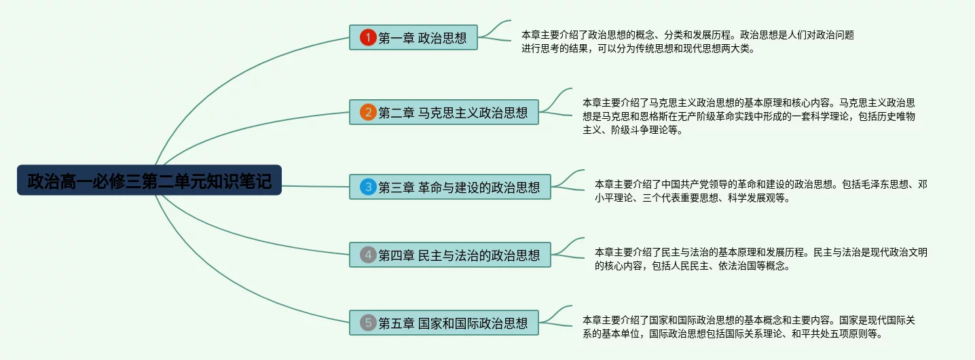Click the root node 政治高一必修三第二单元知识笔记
coord(149,181)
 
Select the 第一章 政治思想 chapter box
coord(413,38)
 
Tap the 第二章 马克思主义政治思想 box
coord(444,112)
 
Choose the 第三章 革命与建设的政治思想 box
coord(450,187)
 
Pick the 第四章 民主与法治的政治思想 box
coord(450,255)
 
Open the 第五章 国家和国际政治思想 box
coord(444,323)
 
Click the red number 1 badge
coord(367,38)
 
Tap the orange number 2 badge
coord(367,112)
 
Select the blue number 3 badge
coord(367,187)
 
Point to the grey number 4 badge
coord(367,255)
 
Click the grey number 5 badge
coord(367,323)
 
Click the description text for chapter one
coord(687,41)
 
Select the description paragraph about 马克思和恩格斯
coord(749,116)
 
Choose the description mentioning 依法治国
coord(760,259)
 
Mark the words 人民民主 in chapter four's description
coord(685,266)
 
